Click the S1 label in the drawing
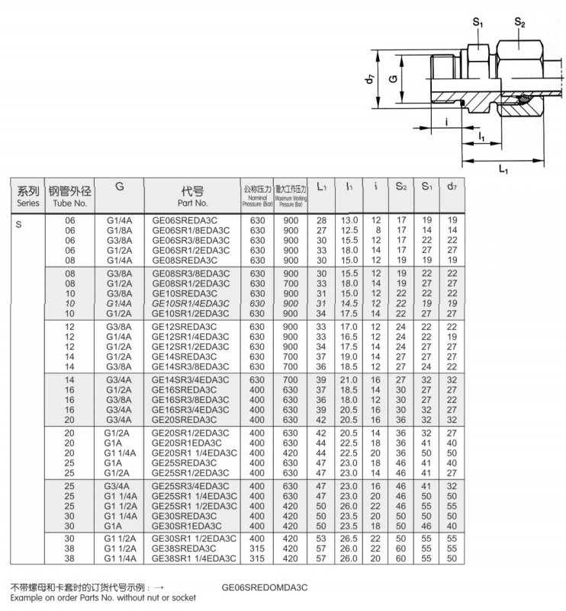point(478,24)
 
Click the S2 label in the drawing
point(520,24)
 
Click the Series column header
point(28,196)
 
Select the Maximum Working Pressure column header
point(290,196)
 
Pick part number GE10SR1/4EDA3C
point(190,302)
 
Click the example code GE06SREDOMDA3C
point(264,588)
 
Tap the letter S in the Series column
point(19,225)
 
